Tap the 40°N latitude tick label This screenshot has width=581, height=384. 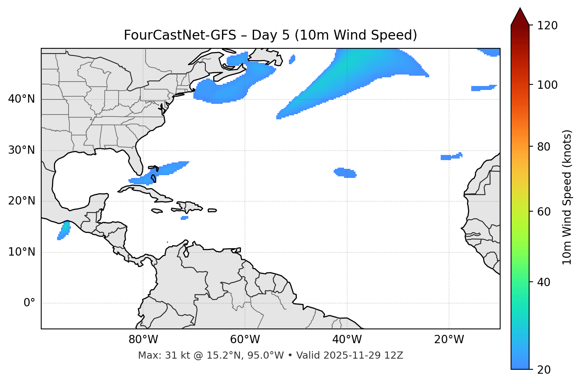coord(21,99)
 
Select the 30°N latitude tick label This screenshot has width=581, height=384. coord(21,150)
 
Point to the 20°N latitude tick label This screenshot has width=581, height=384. coord(21,201)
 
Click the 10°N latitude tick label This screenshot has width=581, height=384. coord(21,252)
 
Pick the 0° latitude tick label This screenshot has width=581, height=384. coord(29,303)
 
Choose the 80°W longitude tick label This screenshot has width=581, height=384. coord(143,340)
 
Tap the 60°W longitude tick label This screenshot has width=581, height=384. coord(245,340)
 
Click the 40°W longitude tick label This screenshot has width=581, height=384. coord(347,340)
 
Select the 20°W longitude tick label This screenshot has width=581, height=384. coord(449,340)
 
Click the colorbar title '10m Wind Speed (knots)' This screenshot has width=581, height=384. coord(567,197)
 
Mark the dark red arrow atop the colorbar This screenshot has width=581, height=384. coord(520,17)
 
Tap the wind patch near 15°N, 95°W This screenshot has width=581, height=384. coord(64,230)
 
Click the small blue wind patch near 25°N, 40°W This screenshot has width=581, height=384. coord(345,173)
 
